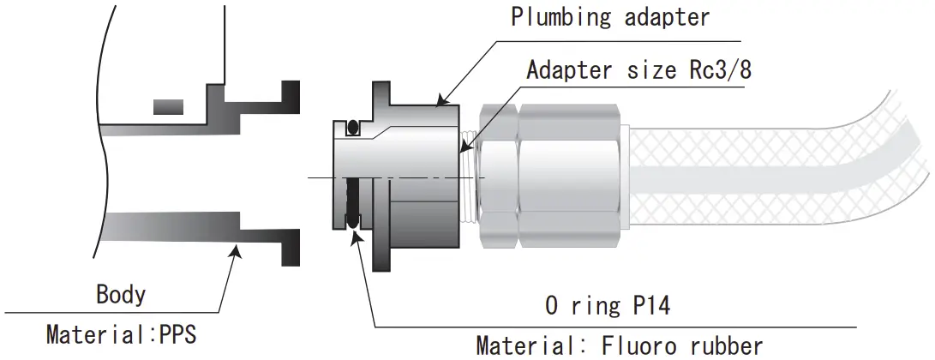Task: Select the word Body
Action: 120,295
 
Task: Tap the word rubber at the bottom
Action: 723,345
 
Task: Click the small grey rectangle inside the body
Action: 168,106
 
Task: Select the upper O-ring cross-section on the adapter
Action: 351,129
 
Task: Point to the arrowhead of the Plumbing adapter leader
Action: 441,102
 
